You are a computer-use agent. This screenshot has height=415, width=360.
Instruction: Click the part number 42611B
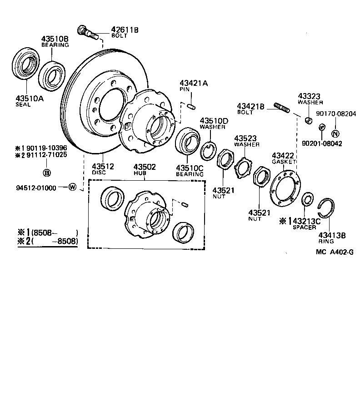coord(125,30)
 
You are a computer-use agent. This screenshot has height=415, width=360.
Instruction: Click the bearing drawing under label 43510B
coord(53,73)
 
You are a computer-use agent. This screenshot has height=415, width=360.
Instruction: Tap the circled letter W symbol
coord(72,187)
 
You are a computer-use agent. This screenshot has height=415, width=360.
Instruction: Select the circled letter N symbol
coord(335,133)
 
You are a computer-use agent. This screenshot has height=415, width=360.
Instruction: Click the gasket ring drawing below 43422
coord(285,188)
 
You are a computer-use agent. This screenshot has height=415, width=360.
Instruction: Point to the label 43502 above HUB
coord(144,167)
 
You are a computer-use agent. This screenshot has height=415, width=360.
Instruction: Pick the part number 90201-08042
coord(322,143)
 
